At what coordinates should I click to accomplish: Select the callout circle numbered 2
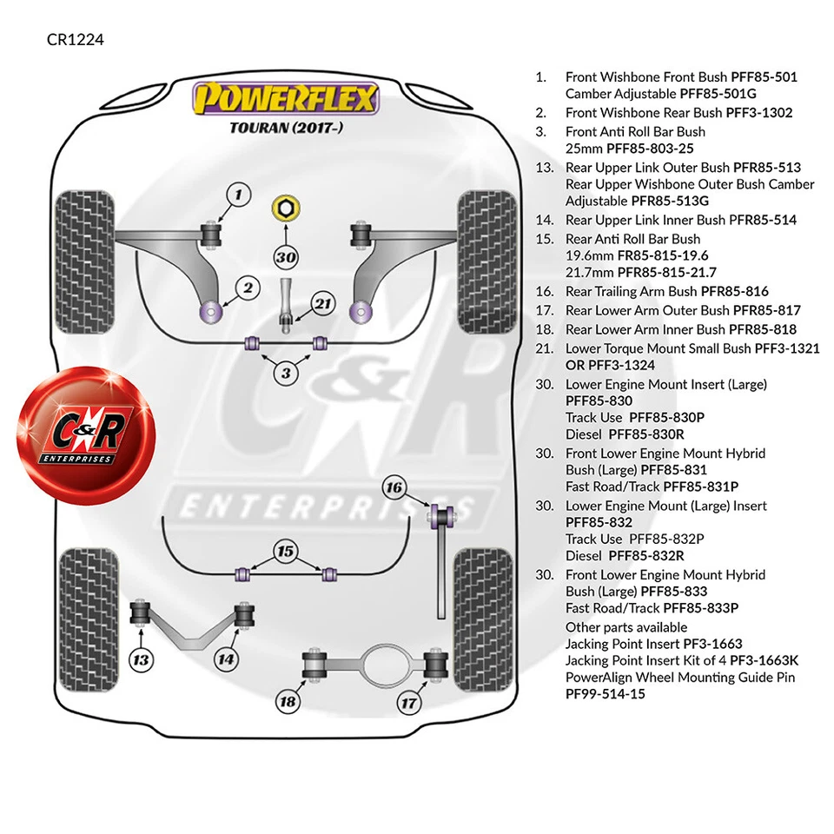click(248, 288)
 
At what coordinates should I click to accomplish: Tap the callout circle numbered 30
click(286, 256)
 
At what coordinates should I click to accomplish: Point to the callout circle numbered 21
click(322, 304)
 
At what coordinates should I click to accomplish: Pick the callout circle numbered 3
click(286, 374)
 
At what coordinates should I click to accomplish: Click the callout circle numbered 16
click(394, 487)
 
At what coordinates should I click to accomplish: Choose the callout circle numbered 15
click(285, 550)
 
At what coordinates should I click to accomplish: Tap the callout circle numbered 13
click(140, 659)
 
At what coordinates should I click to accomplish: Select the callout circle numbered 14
click(226, 659)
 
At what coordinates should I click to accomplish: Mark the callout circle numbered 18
click(287, 701)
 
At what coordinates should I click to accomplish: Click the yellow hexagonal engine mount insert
click(285, 208)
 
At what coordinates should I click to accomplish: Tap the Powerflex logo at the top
click(286, 98)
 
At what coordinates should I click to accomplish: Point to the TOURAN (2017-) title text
click(286, 129)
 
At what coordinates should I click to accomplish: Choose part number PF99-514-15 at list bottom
click(606, 694)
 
